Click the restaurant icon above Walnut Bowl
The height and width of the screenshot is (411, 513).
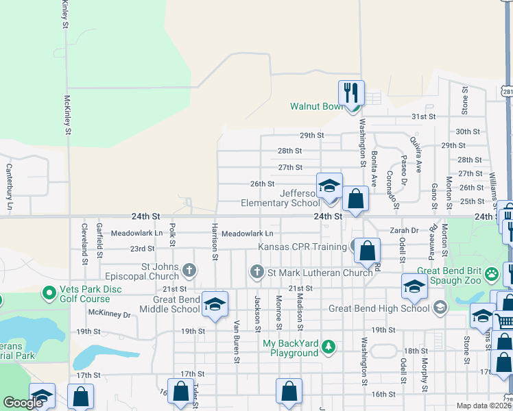click(351, 92)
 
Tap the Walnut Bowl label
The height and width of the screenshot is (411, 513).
click(315, 107)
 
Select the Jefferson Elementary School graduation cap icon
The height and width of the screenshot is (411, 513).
click(329, 185)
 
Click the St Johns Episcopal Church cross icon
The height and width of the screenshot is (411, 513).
click(189, 270)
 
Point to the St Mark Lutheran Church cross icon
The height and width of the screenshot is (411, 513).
click(257, 272)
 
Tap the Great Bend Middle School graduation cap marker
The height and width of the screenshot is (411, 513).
click(215, 306)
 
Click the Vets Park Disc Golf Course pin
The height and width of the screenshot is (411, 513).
click(49, 294)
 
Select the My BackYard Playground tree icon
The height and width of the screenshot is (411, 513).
click(329, 347)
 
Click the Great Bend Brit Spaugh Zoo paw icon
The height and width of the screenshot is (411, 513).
click(492, 275)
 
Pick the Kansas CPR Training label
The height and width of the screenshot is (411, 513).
click(302, 247)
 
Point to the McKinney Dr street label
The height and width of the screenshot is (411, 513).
click(110, 314)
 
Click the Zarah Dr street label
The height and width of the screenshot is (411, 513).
click(405, 231)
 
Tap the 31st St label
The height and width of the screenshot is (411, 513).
click(423, 117)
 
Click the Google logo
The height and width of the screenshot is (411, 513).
click(23, 403)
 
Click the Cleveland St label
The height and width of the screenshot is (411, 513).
click(84, 244)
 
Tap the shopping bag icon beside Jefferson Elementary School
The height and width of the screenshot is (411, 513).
click(355, 199)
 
